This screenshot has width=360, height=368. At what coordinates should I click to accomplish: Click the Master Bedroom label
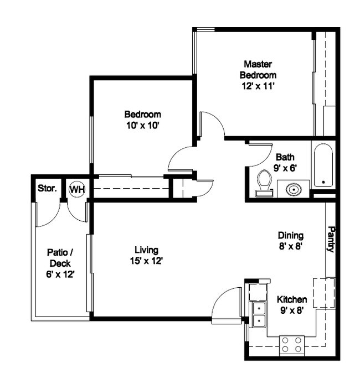[258, 69]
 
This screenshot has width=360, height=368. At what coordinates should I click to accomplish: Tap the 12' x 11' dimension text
[258, 86]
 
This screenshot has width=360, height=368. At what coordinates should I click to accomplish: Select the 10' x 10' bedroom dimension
[142, 125]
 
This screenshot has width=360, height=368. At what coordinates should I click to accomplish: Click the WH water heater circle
[77, 189]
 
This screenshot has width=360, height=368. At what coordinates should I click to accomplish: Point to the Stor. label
[47, 189]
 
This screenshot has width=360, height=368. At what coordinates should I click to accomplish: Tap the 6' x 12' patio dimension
[60, 273]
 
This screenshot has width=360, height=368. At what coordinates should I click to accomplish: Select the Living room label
[146, 250]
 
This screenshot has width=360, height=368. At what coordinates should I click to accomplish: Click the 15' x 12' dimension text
[146, 261]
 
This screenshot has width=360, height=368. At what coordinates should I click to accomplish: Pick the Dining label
[290, 236]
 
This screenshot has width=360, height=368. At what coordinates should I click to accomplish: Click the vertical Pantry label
[331, 239]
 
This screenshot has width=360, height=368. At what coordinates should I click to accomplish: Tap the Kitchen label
[292, 299]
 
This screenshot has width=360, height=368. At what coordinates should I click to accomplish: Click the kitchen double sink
[258, 314]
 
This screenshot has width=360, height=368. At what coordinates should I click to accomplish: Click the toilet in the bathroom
[264, 183]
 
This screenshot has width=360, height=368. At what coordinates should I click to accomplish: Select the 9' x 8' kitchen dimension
[292, 310]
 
